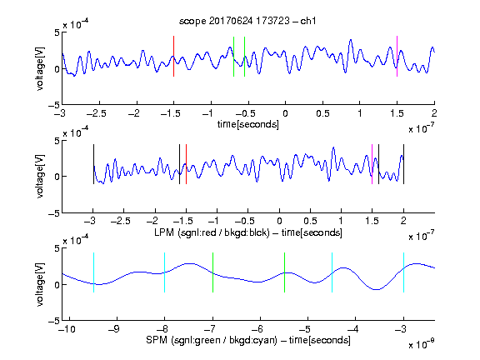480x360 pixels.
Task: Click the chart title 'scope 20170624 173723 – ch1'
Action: (x=247, y=21)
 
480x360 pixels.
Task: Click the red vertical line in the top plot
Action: (x=173, y=57)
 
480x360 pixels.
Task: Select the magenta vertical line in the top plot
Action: (x=397, y=57)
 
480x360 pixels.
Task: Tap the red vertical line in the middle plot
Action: (x=186, y=164)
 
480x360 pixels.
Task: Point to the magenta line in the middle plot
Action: (x=372, y=164)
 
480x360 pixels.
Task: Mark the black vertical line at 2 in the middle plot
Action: (x=403, y=164)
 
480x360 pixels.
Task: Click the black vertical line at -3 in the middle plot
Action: (x=93, y=164)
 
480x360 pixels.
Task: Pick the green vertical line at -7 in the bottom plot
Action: (x=212, y=272)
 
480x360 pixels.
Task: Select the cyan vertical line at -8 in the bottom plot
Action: (x=165, y=272)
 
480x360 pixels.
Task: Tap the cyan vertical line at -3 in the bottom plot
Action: (x=403, y=272)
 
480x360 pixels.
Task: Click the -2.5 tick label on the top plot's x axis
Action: (x=96, y=113)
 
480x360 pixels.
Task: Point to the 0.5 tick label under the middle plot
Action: (x=310, y=221)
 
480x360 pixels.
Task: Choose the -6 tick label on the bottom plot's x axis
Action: (x=259, y=329)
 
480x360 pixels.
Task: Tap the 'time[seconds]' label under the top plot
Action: (x=248, y=124)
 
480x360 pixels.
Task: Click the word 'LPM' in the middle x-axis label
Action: (x=164, y=232)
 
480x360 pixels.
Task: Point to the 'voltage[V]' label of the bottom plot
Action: (x=40, y=284)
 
